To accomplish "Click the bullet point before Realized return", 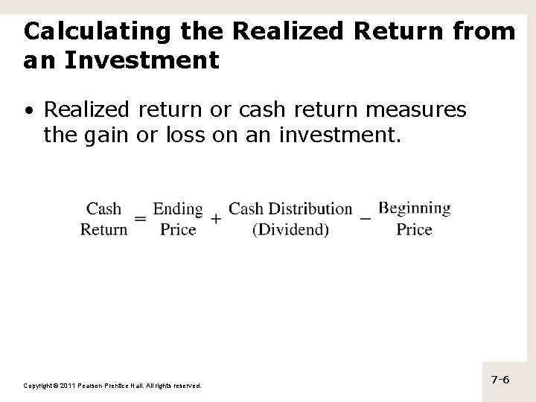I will pyautogui.click(x=28, y=111).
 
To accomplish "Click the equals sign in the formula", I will pyautogui.click(x=140, y=219).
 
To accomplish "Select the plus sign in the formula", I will pyautogui.click(x=216, y=219).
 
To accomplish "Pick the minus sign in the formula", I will pyautogui.click(x=366, y=218).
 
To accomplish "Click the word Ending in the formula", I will pyautogui.click(x=178, y=208).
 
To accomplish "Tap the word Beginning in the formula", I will pyautogui.click(x=414, y=208).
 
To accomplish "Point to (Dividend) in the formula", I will pyautogui.click(x=290, y=229).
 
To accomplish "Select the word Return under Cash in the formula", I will pyautogui.click(x=104, y=229).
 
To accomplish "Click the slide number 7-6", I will pyautogui.click(x=500, y=380).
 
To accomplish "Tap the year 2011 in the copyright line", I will pyautogui.click(x=66, y=386).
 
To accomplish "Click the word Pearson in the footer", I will pyautogui.click(x=94, y=386).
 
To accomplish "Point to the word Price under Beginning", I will pyautogui.click(x=414, y=229).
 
